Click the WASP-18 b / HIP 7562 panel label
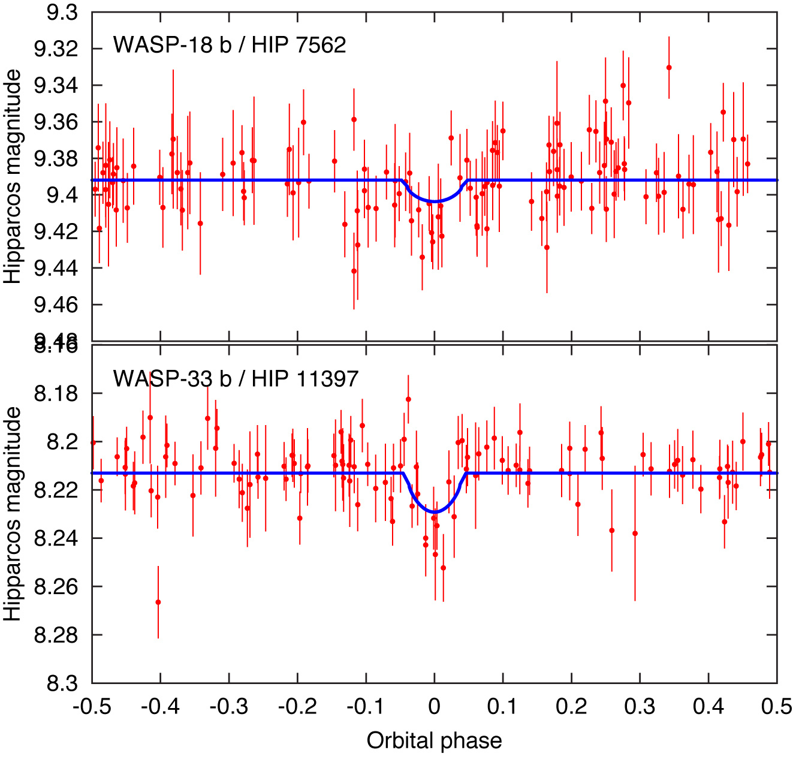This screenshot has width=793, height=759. (x=230, y=45)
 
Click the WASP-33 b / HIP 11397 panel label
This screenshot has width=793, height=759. (x=236, y=378)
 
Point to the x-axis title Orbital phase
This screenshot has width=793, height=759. (x=434, y=741)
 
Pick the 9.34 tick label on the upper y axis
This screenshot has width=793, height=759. (x=56, y=86)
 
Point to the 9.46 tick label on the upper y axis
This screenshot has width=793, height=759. (x=56, y=305)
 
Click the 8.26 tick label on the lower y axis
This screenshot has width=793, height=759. (x=56, y=586)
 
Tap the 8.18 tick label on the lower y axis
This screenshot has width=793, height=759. (x=56, y=394)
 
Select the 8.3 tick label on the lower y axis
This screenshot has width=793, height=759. (x=62, y=683)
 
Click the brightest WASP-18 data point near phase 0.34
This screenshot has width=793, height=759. (x=669, y=68)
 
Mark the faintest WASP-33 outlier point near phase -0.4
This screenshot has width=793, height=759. (x=158, y=602)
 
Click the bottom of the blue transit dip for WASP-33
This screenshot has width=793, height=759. (x=435, y=512)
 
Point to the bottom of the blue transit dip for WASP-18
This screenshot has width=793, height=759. (x=435, y=201)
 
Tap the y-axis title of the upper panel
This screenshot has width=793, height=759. (x=13, y=176)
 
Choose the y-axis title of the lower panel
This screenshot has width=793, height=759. (x=13, y=514)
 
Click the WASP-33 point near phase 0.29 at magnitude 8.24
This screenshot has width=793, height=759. (x=635, y=533)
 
